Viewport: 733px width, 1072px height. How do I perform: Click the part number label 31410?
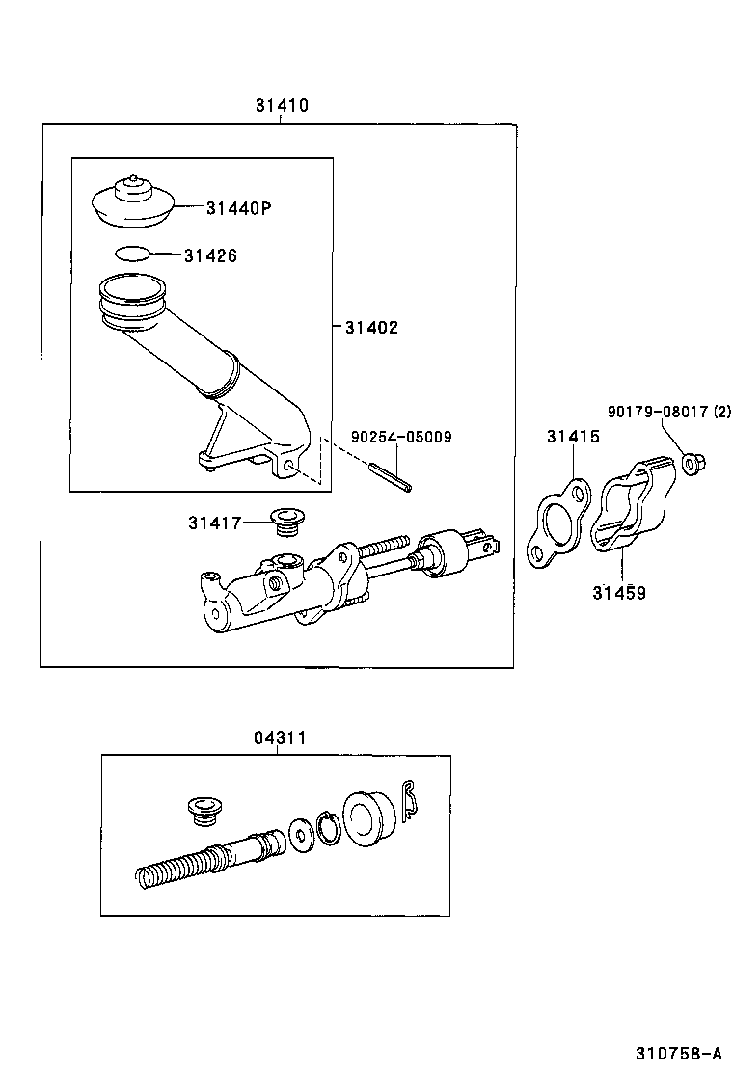click(282, 106)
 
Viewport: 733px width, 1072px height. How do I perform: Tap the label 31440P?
click(236, 207)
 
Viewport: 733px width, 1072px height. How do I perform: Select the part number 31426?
click(210, 255)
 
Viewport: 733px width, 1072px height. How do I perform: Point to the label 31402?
click(371, 328)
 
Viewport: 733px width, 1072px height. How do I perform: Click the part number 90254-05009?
click(401, 437)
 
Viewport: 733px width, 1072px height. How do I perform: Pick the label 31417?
click(214, 523)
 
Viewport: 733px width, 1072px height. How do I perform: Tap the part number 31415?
click(573, 437)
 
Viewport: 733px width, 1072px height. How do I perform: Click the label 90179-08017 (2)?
click(669, 412)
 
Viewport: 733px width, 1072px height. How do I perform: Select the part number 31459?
click(619, 593)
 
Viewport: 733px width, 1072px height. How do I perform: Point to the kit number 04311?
click(280, 738)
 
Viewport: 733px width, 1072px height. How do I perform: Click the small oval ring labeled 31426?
click(132, 255)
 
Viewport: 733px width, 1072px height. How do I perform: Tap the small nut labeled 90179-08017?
click(691, 465)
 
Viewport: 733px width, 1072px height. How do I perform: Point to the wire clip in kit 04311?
click(409, 801)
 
